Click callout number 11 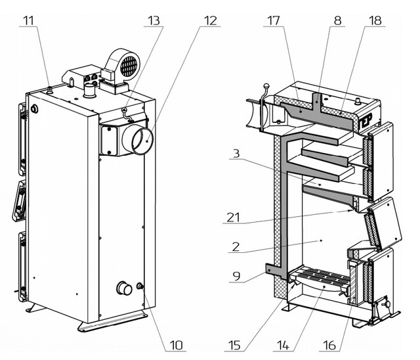click(x=29, y=20)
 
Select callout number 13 click(x=154, y=20)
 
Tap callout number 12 click(x=210, y=20)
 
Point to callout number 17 click(x=274, y=20)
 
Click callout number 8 click(x=338, y=20)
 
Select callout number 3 click(x=236, y=154)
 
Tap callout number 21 click(x=234, y=217)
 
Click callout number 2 click(x=236, y=247)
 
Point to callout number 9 click(x=236, y=276)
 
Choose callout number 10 click(x=177, y=346)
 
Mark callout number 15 click(x=235, y=346)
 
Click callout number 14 click(x=283, y=346)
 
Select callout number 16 click(x=329, y=346)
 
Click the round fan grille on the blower click(x=129, y=66)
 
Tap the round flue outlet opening click(x=143, y=141)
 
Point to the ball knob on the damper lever click(x=266, y=86)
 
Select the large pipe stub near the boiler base click(x=125, y=288)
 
